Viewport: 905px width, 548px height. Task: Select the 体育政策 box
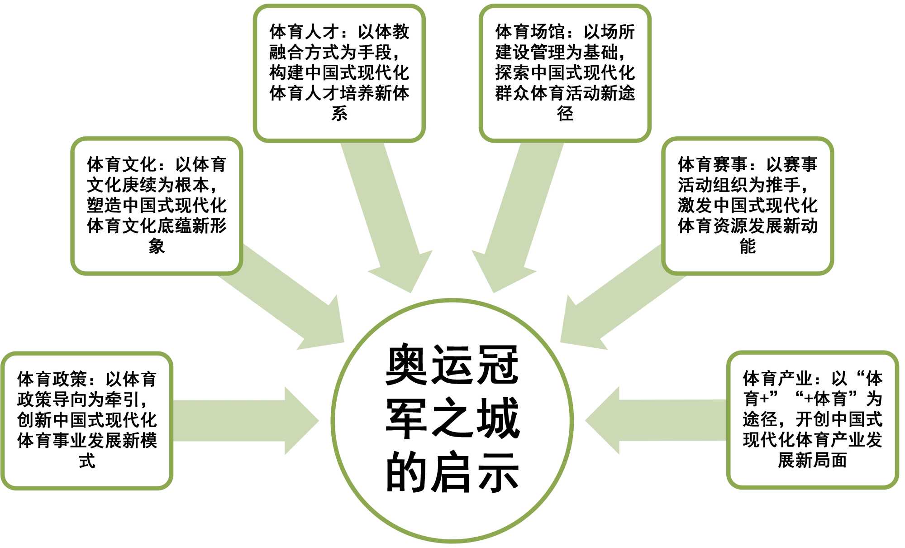coord(87,420)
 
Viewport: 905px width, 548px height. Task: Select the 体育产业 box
coord(812,420)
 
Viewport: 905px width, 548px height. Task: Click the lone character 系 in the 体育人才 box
coord(339,114)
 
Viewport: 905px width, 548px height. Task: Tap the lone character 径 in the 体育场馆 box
coord(565,114)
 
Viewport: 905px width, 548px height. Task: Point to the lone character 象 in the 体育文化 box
coord(157,246)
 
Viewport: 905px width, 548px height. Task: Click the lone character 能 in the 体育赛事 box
coord(748,246)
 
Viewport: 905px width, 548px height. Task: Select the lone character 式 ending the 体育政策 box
coord(87,461)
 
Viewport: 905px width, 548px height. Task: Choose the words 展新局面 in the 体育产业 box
coord(812,461)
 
